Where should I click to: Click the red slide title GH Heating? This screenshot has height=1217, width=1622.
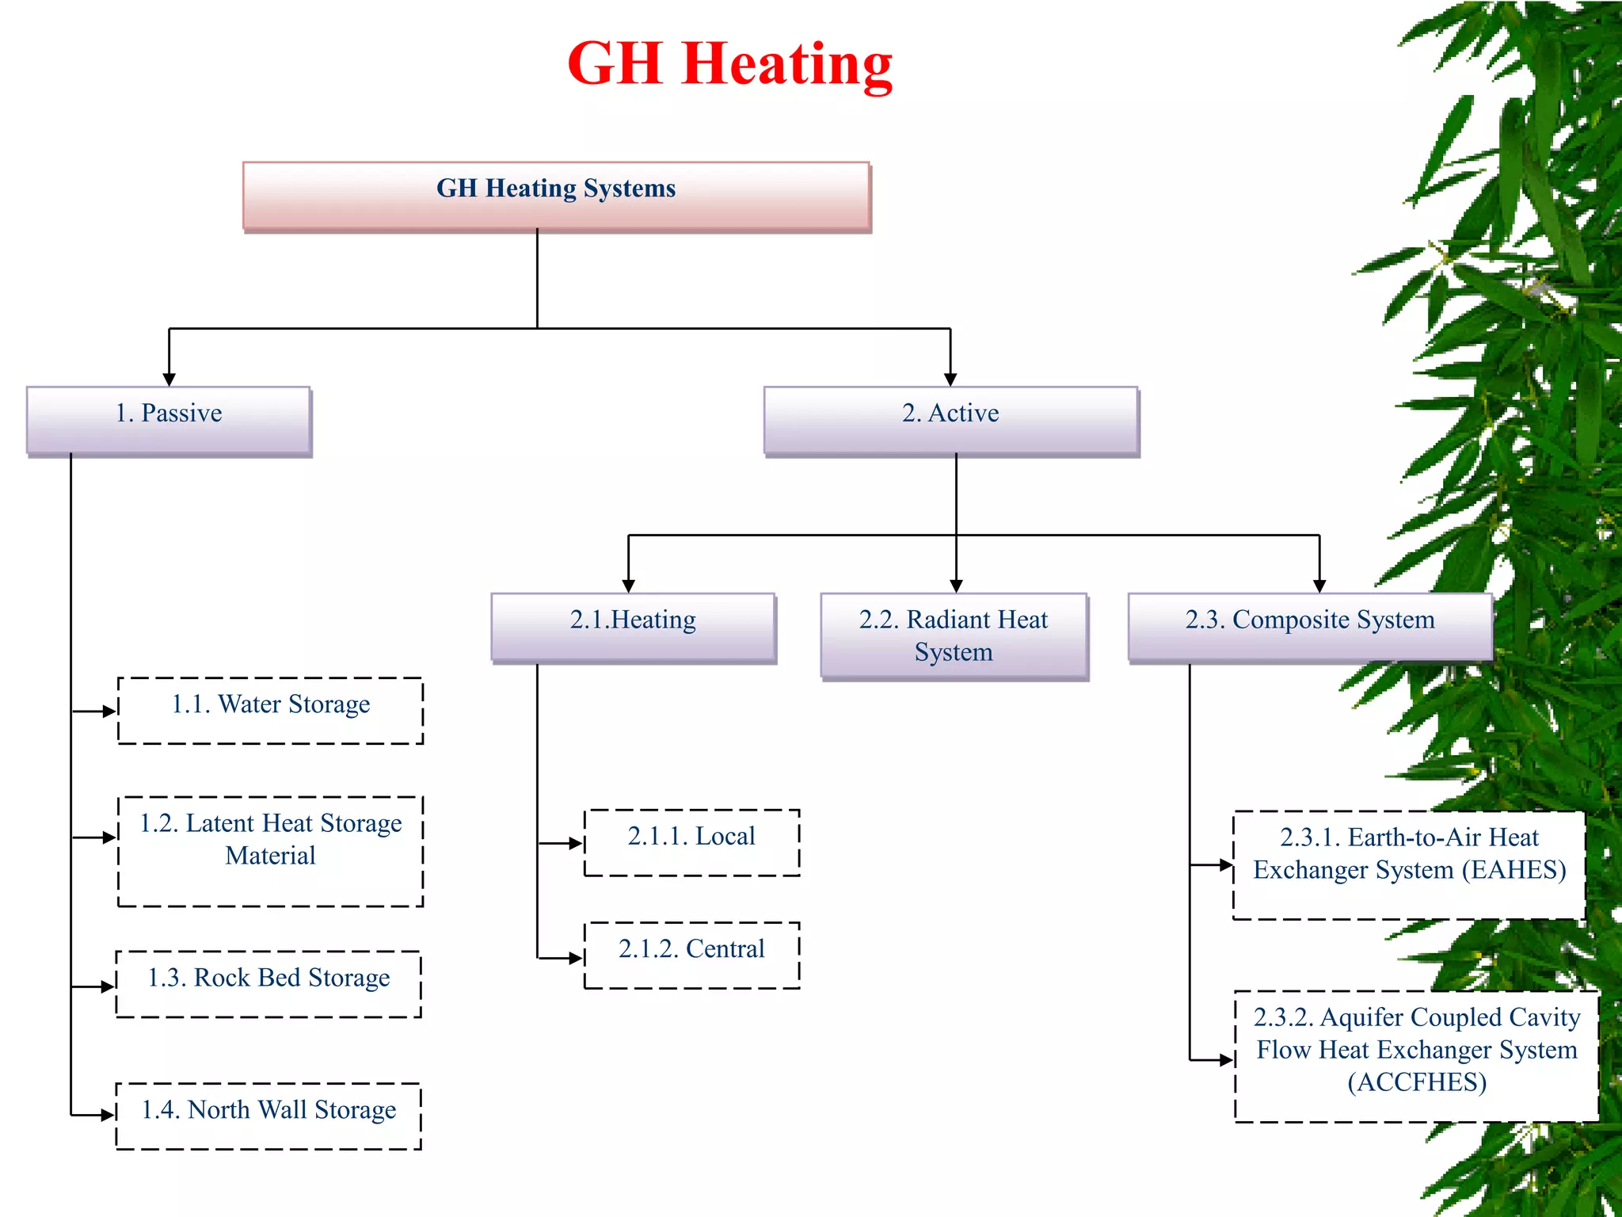(729, 65)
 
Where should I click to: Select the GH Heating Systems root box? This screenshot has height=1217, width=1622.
(556, 196)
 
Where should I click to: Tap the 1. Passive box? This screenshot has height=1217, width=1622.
(169, 420)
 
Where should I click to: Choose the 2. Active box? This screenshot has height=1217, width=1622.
(950, 420)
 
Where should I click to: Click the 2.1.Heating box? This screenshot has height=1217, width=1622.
(633, 627)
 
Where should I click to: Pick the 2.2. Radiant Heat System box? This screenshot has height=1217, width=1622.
(954, 635)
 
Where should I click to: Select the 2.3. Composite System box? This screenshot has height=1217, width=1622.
(1309, 627)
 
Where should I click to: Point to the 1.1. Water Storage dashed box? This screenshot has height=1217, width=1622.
(270, 711)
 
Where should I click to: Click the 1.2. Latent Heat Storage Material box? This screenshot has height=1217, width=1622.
(270, 851)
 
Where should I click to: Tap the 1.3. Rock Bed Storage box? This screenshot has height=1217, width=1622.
(268, 984)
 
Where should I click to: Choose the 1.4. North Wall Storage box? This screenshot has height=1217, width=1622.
(268, 1116)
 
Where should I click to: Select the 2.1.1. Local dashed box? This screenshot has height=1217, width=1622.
(691, 842)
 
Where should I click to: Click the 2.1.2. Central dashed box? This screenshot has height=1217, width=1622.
(691, 955)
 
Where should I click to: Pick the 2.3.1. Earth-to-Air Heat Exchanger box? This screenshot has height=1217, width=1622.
(1409, 864)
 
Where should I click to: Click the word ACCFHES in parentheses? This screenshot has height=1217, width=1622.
(1417, 1082)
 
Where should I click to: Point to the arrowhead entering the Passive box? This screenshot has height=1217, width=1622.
(169, 380)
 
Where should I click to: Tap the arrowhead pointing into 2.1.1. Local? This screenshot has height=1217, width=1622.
(577, 844)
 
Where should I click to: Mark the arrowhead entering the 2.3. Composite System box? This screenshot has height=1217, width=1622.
(1319, 586)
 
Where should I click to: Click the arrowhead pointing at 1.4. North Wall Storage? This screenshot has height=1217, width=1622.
(109, 1116)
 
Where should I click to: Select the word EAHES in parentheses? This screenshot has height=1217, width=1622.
(1513, 870)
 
